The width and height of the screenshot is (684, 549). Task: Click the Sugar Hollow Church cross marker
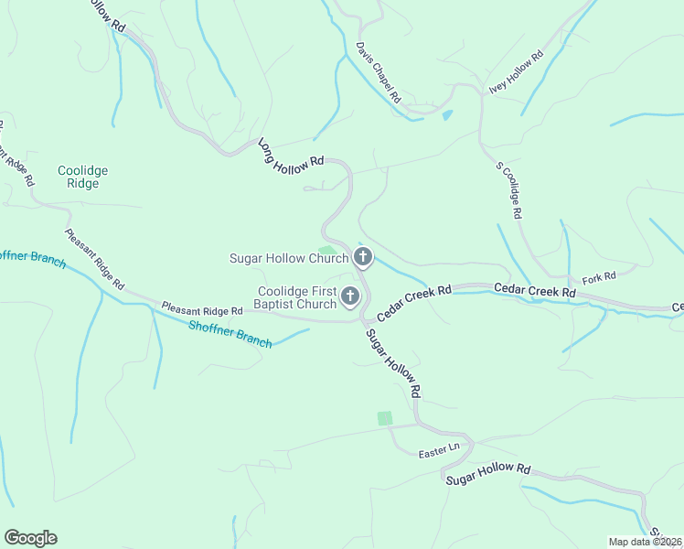[x=363, y=257]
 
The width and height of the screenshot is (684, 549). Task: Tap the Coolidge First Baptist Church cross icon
[x=350, y=296]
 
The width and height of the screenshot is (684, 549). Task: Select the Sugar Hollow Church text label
[x=288, y=258]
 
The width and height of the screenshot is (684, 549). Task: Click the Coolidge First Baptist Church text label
[x=296, y=297]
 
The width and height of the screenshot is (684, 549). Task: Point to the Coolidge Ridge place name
[x=82, y=177]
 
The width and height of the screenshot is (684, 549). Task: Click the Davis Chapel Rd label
[x=379, y=70]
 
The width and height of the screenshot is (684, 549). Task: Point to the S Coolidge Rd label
[x=508, y=190]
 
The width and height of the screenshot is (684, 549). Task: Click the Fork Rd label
[x=597, y=275]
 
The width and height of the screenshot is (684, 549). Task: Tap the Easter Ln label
[x=438, y=450]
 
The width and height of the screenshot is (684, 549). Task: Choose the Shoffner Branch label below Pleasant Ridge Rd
[x=230, y=334]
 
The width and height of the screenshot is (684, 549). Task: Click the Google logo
[x=30, y=538]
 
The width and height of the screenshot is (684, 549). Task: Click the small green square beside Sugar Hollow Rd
[x=385, y=418]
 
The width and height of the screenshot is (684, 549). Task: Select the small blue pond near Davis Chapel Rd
[x=447, y=115]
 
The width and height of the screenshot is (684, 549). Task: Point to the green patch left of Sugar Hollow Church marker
[x=327, y=250]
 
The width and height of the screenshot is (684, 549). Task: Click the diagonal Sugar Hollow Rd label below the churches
[x=393, y=362]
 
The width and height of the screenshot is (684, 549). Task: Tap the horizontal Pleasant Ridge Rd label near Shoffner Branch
[x=202, y=309]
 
